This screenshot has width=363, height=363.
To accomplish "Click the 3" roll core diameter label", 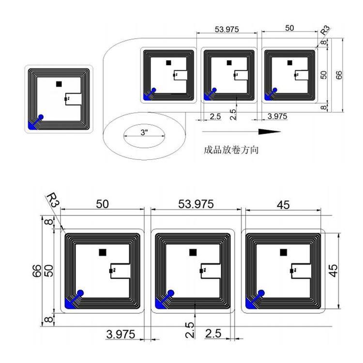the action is (x=144, y=133).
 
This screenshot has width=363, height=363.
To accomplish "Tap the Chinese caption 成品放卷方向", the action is (x=231, y=150).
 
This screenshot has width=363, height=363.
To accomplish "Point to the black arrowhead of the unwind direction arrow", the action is (x=269, y=132).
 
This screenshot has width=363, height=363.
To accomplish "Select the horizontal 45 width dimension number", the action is (x=283, y=205).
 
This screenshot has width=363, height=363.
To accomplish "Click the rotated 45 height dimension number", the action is (x=333, y=271).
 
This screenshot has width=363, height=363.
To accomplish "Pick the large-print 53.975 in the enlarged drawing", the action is (x=196, y=204).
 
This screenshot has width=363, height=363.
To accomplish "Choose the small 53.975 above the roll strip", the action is (x=227, y=30).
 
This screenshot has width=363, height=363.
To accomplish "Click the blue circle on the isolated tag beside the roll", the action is (x=41, y=117).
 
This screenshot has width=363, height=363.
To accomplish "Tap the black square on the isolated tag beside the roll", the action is (x=59, y=84).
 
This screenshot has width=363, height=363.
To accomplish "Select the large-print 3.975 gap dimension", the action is (x=121, y=334).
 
